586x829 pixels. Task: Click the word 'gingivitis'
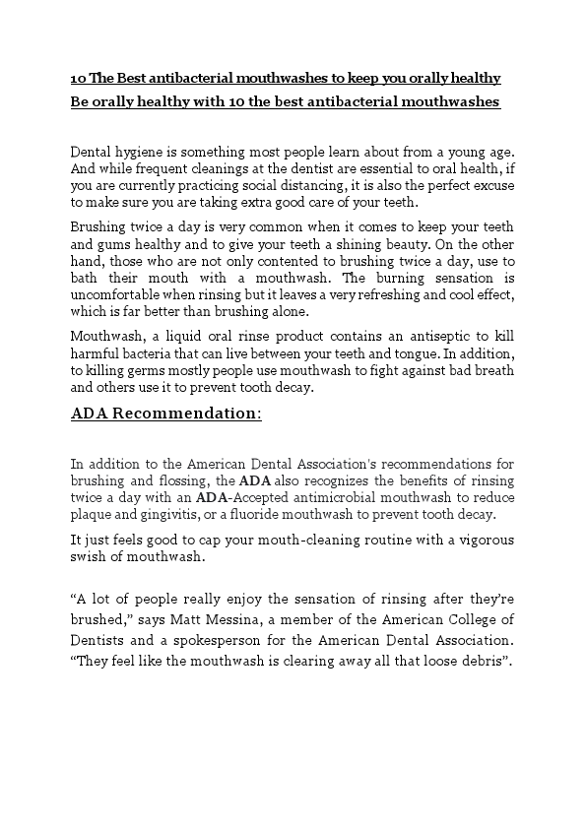tap(162, 515)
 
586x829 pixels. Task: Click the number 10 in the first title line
tap(78, 78)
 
